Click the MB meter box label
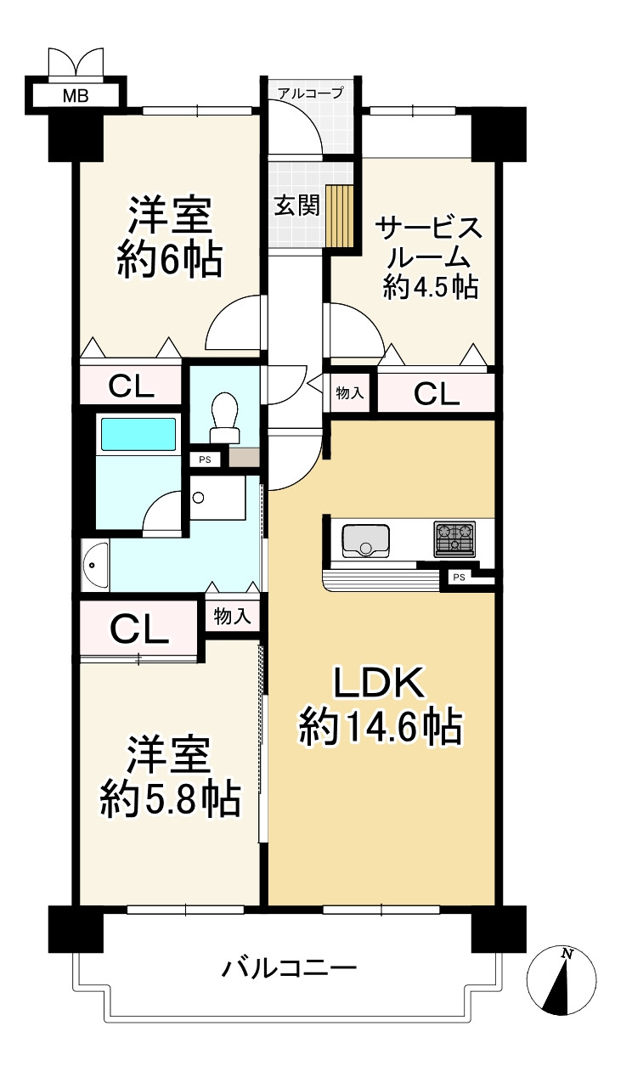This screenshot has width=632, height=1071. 76,96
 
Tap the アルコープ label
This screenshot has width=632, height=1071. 310,93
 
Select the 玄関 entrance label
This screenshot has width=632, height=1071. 296,206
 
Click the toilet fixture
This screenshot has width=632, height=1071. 225,417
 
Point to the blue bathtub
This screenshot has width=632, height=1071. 138,434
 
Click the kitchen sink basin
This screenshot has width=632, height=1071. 365,541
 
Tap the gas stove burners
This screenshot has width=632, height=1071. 454,539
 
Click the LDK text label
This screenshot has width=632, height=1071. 379,683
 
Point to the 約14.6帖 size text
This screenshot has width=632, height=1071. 381,729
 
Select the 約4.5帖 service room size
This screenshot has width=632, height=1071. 431,287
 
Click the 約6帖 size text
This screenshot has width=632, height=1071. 170,261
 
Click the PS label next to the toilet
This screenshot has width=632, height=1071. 205,460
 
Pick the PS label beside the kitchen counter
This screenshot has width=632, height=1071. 459,578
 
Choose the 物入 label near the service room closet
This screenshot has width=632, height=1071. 350,393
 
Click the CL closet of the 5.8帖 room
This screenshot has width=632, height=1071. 139,629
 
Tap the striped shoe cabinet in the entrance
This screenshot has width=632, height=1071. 340,216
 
